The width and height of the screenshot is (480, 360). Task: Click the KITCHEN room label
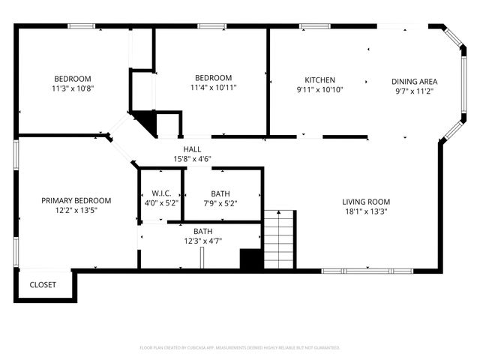[319, 80]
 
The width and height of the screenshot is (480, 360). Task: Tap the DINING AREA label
[414, 82]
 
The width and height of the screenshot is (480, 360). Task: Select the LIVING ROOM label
[366, 202]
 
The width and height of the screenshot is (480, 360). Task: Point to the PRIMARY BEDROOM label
[76, 201]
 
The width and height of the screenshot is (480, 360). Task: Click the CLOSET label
[42, 285]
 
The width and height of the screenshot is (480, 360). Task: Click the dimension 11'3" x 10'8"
[72, 88]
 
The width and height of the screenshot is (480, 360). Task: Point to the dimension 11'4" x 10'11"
[213, 87]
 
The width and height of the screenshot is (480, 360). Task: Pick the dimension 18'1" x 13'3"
[366, 211]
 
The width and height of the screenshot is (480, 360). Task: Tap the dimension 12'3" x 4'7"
[202, 241]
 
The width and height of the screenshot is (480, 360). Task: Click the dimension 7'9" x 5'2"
[220, 203]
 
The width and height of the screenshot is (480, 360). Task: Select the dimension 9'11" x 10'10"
[319, 90]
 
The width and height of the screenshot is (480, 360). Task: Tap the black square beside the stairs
[250, 259]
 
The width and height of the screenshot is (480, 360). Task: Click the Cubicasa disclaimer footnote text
[240, 348]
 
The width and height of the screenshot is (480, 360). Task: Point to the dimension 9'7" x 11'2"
[414, 91]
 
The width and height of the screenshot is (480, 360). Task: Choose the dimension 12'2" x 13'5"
[76, 211]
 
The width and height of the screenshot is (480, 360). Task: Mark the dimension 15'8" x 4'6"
[191, 159]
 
